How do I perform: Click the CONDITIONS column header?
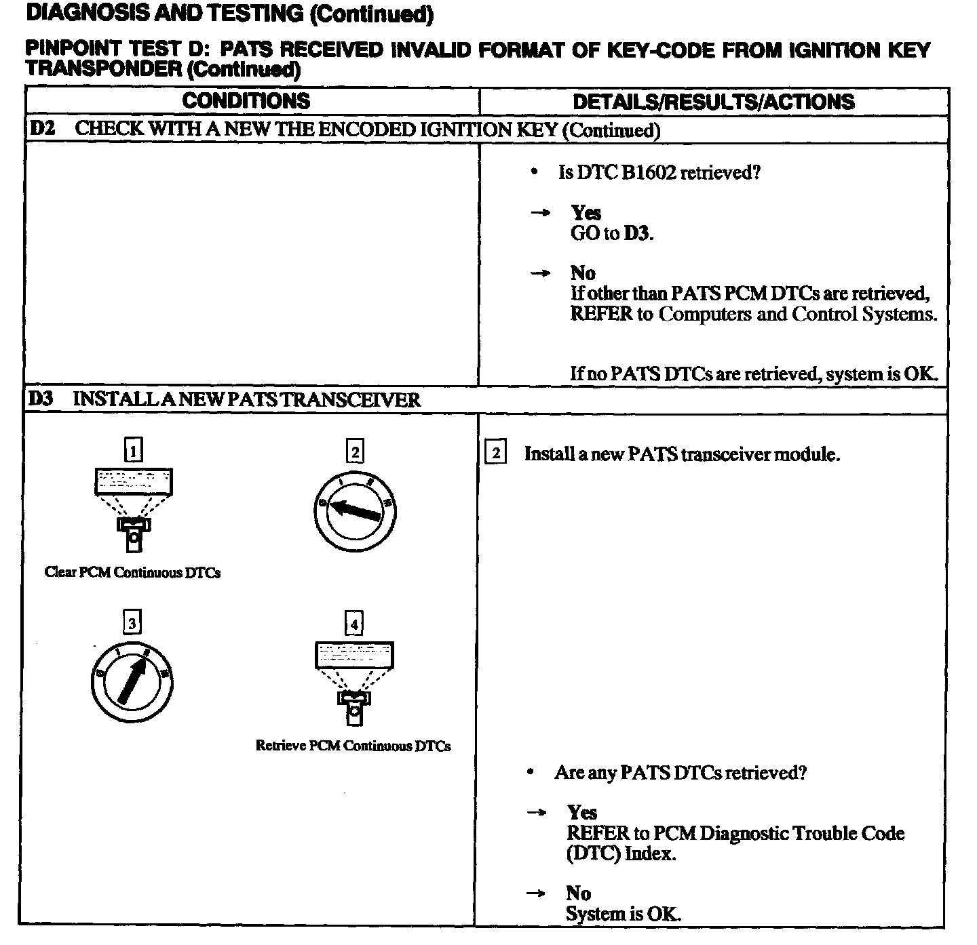246,101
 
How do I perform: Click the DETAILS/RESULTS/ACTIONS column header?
713,102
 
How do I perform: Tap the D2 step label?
42,129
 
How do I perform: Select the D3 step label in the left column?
41,399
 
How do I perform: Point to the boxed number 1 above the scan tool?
134,450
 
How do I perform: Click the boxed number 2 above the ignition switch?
355,451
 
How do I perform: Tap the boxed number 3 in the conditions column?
132,622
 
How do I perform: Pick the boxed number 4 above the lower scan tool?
354,623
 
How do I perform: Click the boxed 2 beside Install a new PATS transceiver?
496,453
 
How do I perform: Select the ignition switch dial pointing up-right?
132,681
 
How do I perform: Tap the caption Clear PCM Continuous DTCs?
132,573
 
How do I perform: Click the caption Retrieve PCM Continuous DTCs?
353,746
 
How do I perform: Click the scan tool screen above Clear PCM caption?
133,481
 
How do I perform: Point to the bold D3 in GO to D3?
637,234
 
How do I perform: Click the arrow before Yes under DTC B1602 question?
540,214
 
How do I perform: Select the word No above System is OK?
578,893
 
